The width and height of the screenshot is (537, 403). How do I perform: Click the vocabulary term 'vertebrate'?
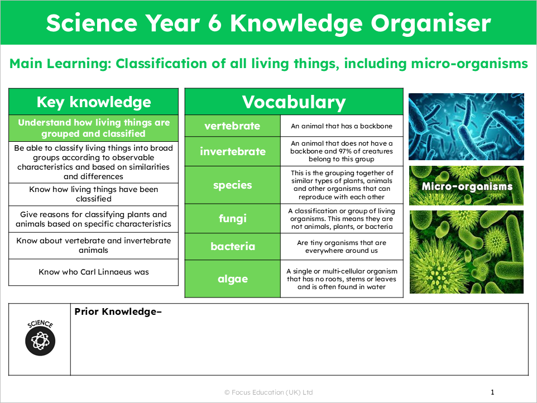point(232,126)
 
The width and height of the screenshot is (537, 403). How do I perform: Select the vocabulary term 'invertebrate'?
point(232,151)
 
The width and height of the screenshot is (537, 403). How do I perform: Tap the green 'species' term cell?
point(232,185)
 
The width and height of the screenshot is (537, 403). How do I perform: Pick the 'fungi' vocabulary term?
point(232,219)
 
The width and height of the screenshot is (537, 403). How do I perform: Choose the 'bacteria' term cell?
point(232,247)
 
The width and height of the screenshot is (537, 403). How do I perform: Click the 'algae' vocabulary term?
point(232,279)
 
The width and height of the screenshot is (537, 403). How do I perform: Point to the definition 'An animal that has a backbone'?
point(342,126)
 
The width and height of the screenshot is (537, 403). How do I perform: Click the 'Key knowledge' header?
point(94,102)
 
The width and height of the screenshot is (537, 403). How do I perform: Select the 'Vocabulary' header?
point(294,102)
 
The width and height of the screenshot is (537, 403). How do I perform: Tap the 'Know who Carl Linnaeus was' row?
point(94,272)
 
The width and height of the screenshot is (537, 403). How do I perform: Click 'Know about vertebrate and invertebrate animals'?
point(94,246)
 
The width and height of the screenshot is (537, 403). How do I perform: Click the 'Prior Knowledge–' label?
point(118,311)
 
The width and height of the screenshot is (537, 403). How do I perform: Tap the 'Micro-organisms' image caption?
point(467,186)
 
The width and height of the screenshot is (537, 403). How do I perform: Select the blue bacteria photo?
point(466,127)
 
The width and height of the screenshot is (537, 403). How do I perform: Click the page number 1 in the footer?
point(492,392)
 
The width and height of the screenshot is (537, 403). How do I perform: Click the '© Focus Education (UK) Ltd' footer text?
point(268,392)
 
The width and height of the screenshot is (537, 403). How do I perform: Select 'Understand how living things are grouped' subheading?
point(94,128)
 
